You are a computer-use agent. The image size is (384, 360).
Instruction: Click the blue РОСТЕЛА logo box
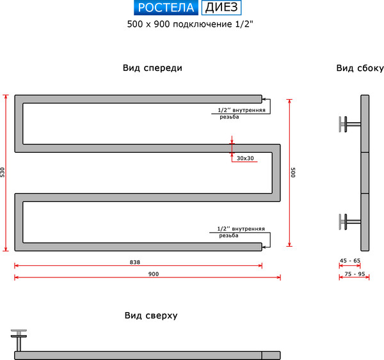click(x=166, y=8)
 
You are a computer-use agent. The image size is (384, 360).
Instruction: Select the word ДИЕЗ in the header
click(x=222, y=8)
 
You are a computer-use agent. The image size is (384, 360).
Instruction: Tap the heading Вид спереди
click(x=152, y=68)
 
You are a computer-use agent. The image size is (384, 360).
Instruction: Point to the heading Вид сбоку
click(x=359, y=68)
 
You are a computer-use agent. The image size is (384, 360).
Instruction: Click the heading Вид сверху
click(x=151, y=315)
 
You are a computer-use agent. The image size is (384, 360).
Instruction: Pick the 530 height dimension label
click(x=3, y=173)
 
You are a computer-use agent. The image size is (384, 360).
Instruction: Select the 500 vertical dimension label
click(x=294, y=173)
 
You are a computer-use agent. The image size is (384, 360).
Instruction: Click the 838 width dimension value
click(x=134, y=262)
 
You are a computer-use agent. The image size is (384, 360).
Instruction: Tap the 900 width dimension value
click(x=153, y=274)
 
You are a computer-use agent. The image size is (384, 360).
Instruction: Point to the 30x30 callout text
click(x=245, y=158)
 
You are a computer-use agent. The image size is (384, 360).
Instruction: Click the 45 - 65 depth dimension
click(x=349, y=261)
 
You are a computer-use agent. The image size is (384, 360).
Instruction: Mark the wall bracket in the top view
click(x=19, y=338)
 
